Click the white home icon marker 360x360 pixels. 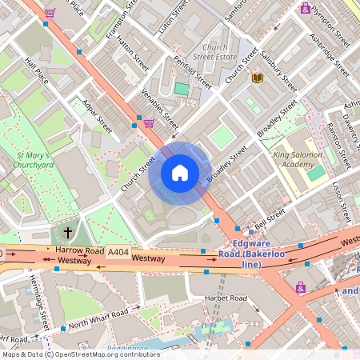click(180, 173)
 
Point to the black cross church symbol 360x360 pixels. click(67, 233)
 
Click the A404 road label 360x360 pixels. click(118, 252)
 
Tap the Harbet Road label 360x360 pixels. click(225, 298)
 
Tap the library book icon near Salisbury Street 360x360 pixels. click(258, 78)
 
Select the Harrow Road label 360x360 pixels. click(80, 250)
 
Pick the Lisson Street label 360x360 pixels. click(342, 202)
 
